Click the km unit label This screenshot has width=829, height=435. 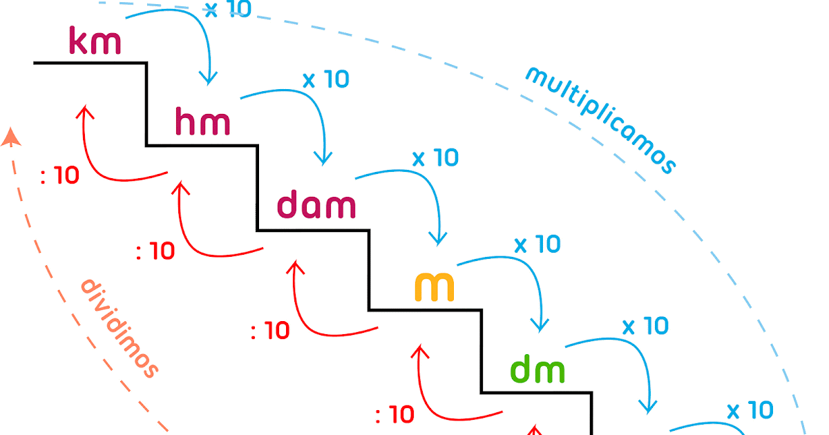[95, 41]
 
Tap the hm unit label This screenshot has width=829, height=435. [202, 122]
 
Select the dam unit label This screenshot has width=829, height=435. [316, 206]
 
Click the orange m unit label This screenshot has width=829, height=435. [435, 287]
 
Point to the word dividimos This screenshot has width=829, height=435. [120, 328]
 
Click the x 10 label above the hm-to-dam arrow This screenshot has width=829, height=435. [326, 79]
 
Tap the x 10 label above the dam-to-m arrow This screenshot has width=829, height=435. [435, 158]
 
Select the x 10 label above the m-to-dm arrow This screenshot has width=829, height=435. [537, 244]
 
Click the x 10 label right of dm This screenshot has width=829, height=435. [646, 325]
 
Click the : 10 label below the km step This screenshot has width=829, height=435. [60, 176]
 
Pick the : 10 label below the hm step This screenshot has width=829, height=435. [155, 251]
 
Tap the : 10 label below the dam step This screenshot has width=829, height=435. [270, 331]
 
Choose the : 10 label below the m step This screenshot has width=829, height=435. [395, 414]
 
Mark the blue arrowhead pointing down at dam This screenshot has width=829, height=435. [323, 159]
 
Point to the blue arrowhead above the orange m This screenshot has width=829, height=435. [437, 240]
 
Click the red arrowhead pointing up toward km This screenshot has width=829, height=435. [85, 110]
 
